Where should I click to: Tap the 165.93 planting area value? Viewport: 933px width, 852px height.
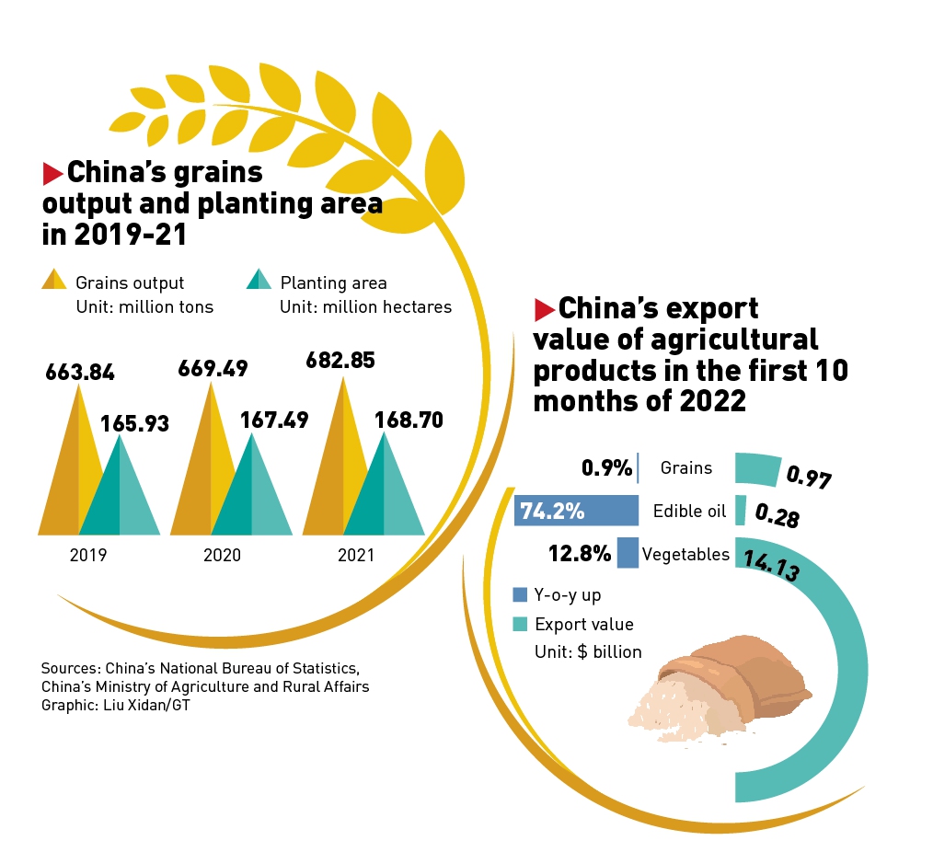point(135,424)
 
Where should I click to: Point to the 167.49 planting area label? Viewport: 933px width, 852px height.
point(274,420)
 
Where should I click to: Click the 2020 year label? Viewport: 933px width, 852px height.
point(222,556)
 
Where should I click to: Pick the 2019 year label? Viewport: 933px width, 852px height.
point(88,556)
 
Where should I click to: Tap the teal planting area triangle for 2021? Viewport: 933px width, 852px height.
point(384,492)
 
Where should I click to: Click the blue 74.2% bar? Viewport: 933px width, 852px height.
point(576,511)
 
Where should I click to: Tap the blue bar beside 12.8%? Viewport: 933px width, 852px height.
point(628,553)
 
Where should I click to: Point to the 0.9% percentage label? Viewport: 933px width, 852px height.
point(606,468)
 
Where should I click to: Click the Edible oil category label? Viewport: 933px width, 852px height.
point(690,512)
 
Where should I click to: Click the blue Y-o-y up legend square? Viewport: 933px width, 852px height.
point(520,595)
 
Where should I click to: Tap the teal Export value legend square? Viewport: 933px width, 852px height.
point(520,624)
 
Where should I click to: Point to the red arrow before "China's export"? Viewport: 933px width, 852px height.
point(544,307)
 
